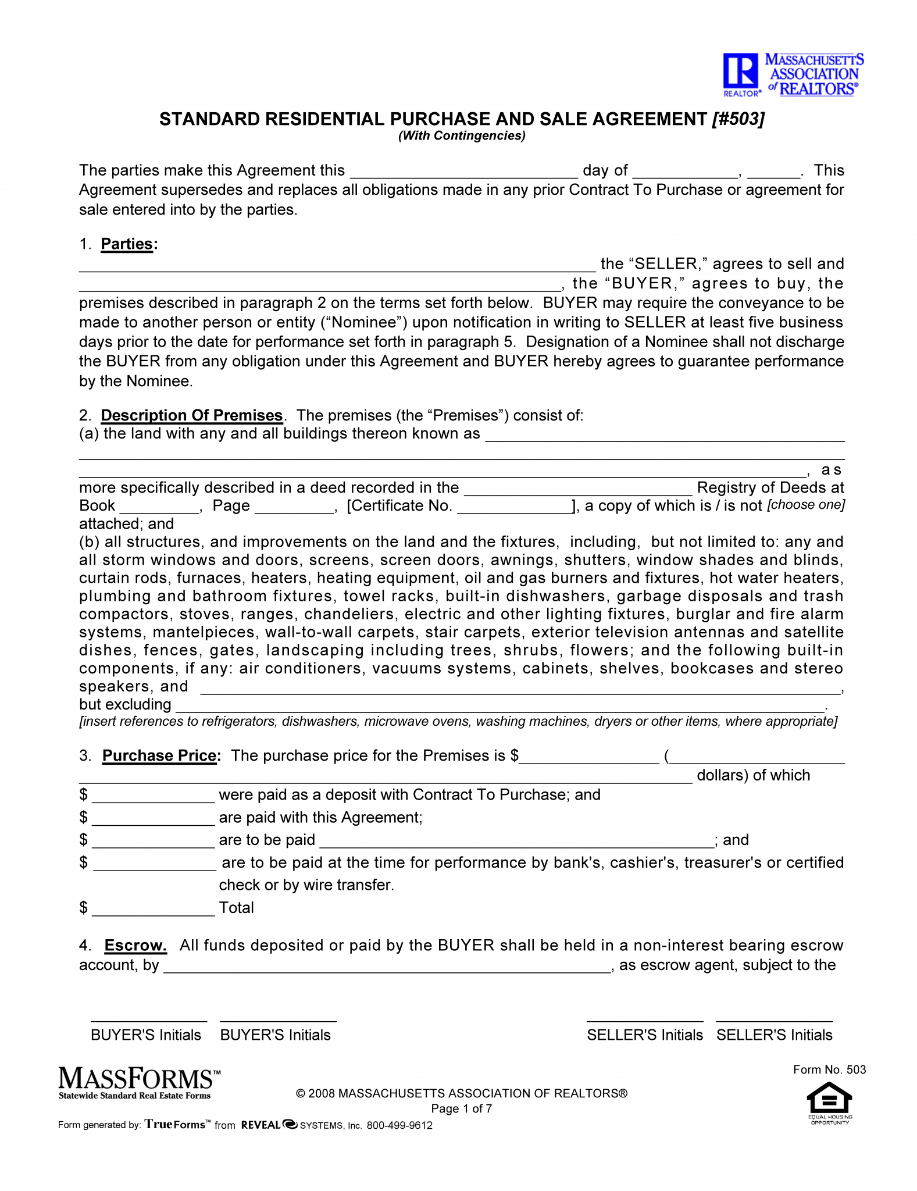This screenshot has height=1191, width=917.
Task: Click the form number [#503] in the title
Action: click(738, 119)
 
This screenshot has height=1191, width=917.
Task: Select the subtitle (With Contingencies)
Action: click(462, 136)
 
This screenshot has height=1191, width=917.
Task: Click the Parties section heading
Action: click(127, 244)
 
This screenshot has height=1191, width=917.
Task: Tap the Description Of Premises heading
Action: click(191, 415)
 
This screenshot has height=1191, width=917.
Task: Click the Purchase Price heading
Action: click(159, 755)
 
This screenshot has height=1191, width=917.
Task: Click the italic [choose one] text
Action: click(806, 505)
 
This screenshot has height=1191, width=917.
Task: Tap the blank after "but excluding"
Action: click(500, 706)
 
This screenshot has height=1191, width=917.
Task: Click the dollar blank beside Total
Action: click(154, 908)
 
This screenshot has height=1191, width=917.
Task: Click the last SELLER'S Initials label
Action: click(774, 1035)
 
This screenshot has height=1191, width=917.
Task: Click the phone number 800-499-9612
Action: click(399, 1125)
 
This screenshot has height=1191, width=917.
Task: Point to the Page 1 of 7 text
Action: click(462, 1108)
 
